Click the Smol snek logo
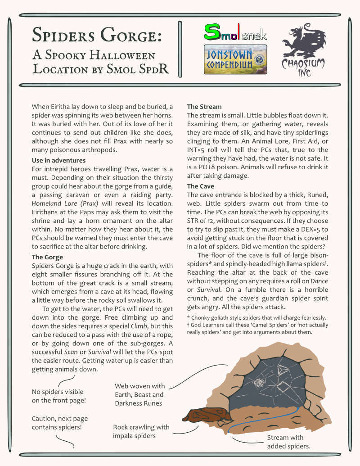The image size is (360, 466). coord(235,32)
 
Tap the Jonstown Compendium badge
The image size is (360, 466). coord(235,59)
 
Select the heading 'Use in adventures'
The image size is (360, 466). coord(58,160)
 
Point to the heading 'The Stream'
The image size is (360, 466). coord(204,107)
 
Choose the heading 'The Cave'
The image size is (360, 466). coord(201,186)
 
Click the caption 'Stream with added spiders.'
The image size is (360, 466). coord(288,442)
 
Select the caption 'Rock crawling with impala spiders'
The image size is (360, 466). coord(141,431)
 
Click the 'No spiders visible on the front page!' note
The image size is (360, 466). coord(58,396)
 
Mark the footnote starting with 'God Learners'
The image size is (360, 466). coord(257,329)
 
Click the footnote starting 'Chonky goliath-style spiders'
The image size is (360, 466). coord(256,318)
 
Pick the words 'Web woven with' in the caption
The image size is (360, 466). coord(139,386)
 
